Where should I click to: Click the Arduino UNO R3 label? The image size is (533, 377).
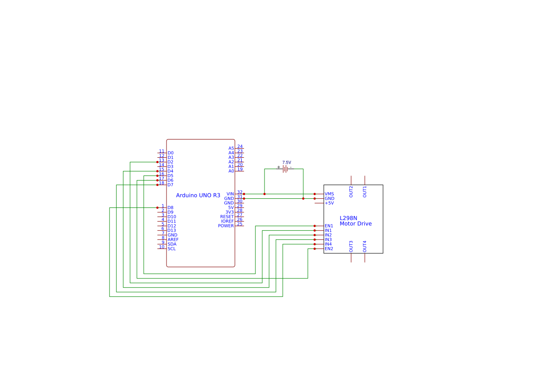[198, 196]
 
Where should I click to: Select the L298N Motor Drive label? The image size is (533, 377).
[356, 221]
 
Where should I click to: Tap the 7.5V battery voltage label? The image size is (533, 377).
[286, 162]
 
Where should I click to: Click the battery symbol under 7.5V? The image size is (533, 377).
[285, 169]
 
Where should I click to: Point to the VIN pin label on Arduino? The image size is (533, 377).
[230, 194]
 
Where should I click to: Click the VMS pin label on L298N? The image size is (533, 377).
[329, 194]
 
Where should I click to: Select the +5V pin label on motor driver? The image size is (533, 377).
[329, 203]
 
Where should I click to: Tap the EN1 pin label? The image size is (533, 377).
[329, 226]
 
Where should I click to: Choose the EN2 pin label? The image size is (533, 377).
[329, 249]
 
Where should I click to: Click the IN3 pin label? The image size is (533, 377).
[328, 240]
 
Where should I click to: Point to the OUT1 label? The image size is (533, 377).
[365, 192]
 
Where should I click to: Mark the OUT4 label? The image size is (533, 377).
[365, 247]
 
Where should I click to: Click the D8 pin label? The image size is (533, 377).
[171, 208]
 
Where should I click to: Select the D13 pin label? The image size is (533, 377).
[171, 231]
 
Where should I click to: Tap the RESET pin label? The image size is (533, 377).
[227, 217]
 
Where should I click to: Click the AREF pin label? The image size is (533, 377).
[173, 240]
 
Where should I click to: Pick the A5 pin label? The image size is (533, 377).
[231, 149]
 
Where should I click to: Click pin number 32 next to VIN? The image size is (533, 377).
[240, 192]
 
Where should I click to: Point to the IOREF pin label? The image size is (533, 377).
[228, 221]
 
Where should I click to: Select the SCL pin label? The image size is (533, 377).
[171, 249]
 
